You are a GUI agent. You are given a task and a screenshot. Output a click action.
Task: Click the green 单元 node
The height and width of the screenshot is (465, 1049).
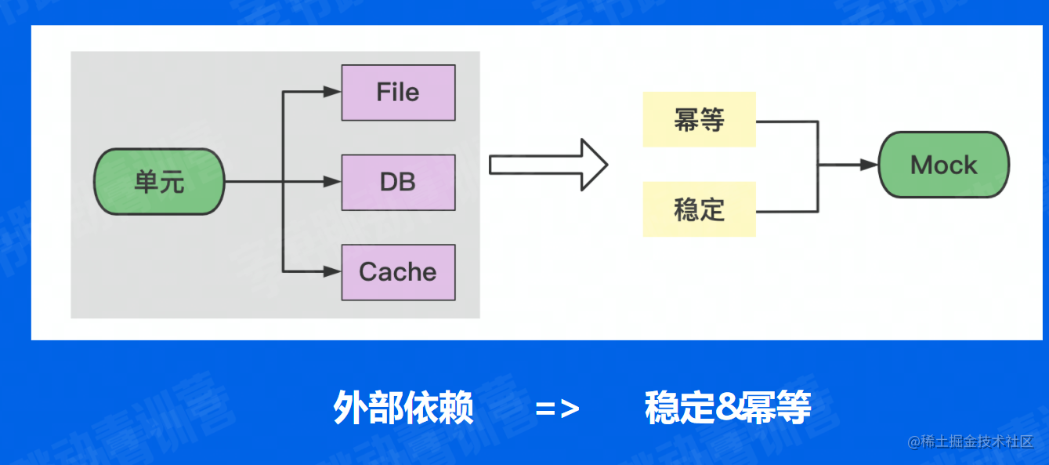click(x=159, y=182)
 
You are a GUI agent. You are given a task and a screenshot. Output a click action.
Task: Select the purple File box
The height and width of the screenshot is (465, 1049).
click(x=398, y=93)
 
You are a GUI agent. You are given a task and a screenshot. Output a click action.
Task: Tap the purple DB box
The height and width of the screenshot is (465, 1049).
click(x=398, y=182)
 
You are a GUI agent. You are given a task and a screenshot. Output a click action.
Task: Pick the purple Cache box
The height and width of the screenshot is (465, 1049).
click(x=398, y=272)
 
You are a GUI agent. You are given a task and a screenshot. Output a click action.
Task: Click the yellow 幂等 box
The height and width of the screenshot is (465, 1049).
click(x=699, y=119)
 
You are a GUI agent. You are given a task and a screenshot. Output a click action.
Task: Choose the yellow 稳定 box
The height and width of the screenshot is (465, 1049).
click(x=699, y=209)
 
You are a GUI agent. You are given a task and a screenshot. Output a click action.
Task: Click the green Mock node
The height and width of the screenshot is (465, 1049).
click(x=943, y=165)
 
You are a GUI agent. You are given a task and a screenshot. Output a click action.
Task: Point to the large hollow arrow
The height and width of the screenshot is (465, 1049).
click(x=548, y=165)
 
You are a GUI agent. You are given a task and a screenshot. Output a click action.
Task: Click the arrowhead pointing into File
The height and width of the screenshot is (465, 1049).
click(x=333, y=93)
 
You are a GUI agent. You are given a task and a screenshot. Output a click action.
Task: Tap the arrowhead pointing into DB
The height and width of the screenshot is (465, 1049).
click(x=333, y=182)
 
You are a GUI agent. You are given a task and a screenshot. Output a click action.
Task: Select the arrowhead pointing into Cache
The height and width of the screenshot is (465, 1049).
click(x=333, y=272)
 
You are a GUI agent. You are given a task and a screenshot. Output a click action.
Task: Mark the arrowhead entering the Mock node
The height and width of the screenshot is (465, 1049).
click(x=869, y=165)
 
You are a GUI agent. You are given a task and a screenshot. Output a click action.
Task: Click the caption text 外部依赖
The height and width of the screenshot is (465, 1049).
click(x=403, y=408)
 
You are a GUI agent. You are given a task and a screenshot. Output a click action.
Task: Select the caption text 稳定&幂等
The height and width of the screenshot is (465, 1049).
click(x=728, y=408)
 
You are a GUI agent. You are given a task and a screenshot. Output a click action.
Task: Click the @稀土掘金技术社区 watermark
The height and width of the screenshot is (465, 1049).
click(x=971, y=441)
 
